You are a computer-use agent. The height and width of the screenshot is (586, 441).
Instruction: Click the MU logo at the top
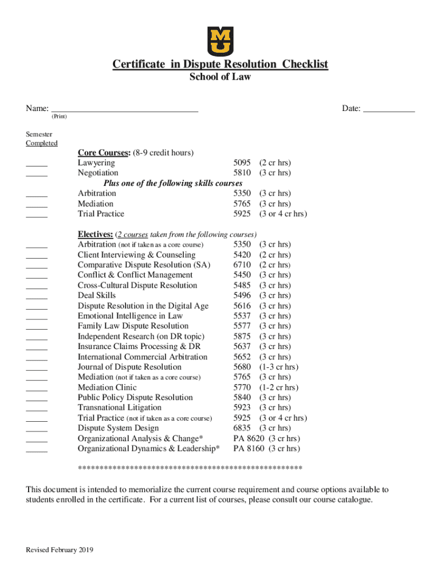coord(220,41)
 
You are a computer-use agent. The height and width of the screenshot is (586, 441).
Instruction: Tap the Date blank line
coord(389,109)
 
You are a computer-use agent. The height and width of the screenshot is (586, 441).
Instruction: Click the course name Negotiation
coord(98,173)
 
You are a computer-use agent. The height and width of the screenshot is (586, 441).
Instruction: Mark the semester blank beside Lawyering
coord(37,164)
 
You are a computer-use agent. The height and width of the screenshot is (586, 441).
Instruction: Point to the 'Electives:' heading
coord(95,234)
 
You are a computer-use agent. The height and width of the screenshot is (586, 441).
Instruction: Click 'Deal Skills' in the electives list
coord(97,295)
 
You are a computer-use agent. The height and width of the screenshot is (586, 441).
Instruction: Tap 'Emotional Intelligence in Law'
coord(130,316)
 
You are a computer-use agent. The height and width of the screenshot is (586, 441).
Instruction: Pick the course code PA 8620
coord(249,438)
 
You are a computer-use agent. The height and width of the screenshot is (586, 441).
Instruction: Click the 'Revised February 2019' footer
coord(60,551)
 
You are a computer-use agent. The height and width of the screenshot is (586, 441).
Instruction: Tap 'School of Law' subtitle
coord(220,77)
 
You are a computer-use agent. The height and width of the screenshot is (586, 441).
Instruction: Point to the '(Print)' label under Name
coord(59,117)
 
